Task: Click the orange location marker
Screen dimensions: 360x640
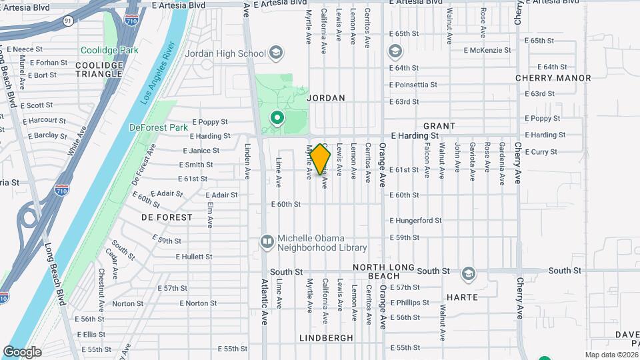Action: pyautogui.click(x=321, y=159)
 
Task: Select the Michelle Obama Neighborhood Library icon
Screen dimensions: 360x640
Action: pyautogui.click(x=267, y=241)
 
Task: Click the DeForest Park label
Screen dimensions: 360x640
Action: pyautogui.click(x=158, y=127)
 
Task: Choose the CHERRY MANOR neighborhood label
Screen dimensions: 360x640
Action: pyautogui.click(x=553, y=78)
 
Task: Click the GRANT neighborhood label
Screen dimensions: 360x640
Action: pyautogui.click(x=439, y=126)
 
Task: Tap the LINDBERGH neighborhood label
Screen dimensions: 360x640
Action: pyautogui.click(x=326, y=338)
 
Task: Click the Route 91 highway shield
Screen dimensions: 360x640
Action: pyautogui.click(x=69, y=21)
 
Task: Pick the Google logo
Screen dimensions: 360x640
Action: pyautogui.click(x=22, y=351)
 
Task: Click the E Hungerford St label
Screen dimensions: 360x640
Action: pyautogui.click(x=415, y=221)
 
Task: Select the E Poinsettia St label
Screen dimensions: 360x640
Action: pyautogui.click(x=413, y=85)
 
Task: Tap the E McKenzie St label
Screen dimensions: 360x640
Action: pyautogui.click(x=490, y=50)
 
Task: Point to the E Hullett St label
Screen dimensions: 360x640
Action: pyautogui.click(x=194, y=257)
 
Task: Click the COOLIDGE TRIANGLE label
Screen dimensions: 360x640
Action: pyautogui.click(x=99, y=69)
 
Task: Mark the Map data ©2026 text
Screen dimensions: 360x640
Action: pyautogui.click(x=611, y=355)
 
